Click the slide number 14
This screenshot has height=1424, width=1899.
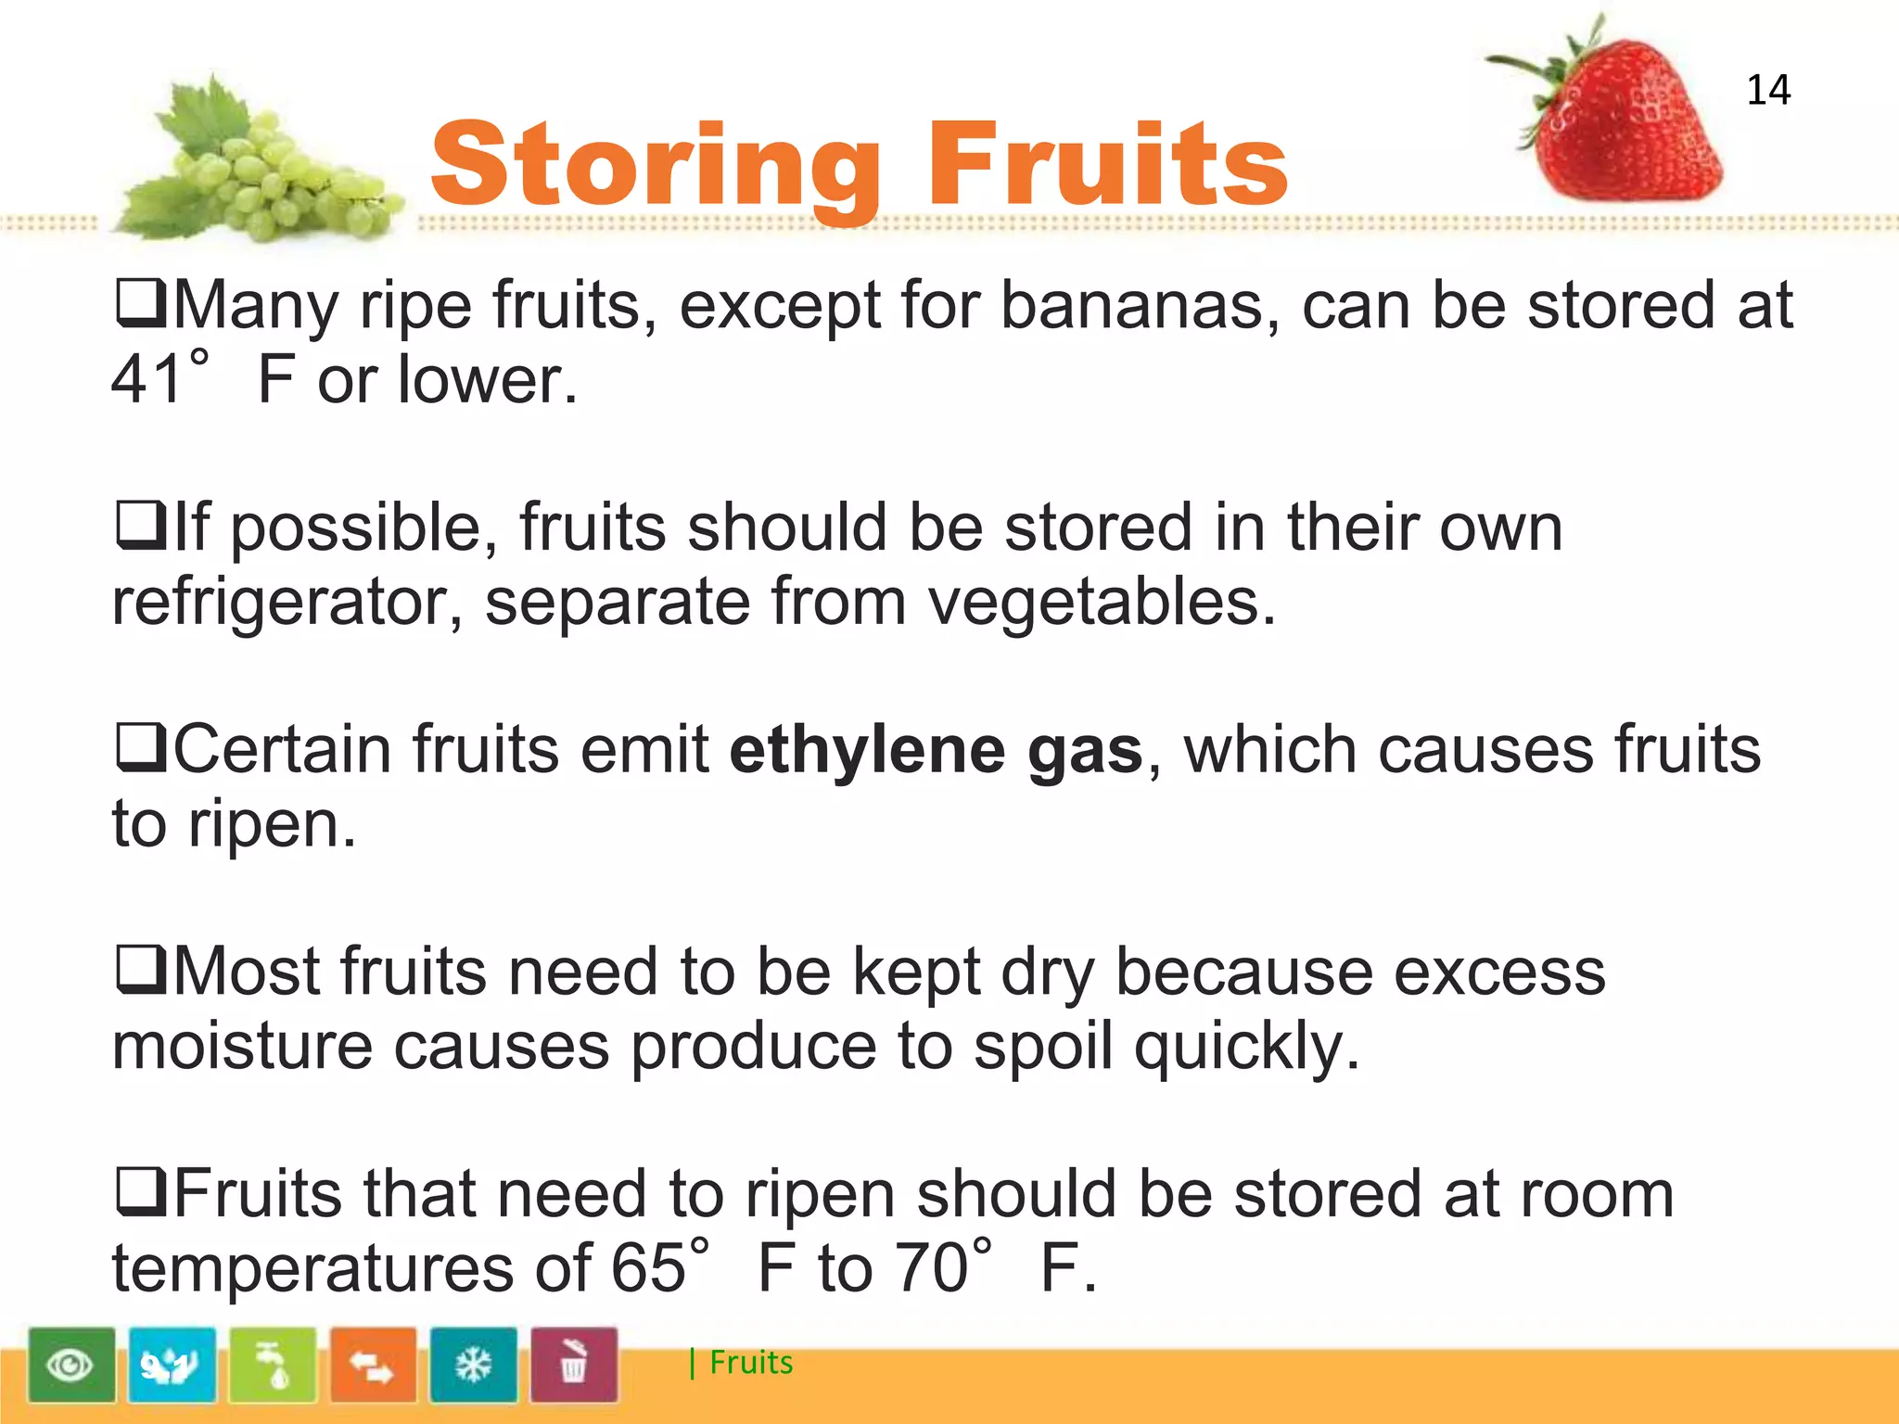point(1767,90)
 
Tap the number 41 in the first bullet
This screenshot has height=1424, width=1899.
point(146,380)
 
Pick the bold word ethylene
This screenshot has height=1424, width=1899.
point(867,750)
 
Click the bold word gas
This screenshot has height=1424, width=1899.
point(1085,750)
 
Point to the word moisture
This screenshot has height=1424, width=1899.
point(241,1047)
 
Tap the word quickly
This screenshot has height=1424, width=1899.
point(1246,1047)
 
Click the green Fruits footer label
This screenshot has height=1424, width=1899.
point(750,1363)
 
